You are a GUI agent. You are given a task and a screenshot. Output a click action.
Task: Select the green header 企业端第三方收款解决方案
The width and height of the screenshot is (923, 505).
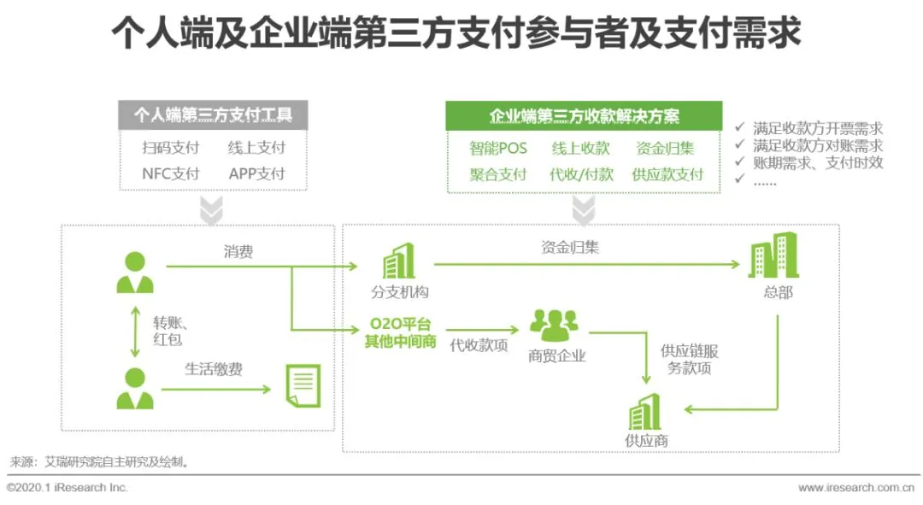[x=584, y=115]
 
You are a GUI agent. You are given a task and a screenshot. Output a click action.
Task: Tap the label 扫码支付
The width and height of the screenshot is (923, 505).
[x=171, y=147]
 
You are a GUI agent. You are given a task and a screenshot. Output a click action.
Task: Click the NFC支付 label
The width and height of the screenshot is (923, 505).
[x=171, y=173]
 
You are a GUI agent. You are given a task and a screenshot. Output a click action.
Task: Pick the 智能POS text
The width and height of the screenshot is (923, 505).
[x=498, y=148]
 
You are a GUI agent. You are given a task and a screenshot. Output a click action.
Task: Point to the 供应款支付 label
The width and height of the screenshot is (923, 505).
[x=667, y=174]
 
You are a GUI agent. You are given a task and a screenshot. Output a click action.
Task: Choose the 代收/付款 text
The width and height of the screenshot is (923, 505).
[x=581, y=174]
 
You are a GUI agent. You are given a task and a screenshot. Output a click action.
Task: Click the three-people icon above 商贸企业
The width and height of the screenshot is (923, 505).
[x=554, y=326]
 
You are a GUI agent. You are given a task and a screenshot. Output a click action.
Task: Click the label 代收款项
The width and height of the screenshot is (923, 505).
[x=479, y=347]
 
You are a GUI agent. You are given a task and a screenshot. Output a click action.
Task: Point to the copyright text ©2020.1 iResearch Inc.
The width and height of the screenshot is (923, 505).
[x=68, y=487]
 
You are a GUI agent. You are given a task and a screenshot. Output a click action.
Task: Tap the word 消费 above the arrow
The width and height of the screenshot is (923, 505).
[x=238, y=252]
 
